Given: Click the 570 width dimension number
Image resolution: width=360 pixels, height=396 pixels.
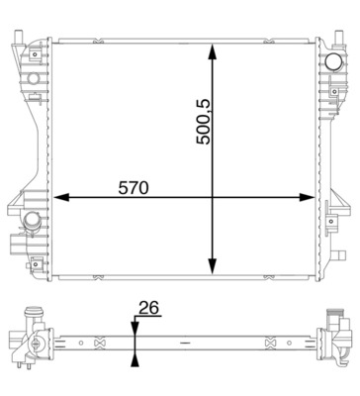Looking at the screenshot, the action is pyautogui.click(x=134, y=188).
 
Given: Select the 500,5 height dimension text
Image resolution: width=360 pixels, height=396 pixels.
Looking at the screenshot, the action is pyautogui.click(x=204, y=122).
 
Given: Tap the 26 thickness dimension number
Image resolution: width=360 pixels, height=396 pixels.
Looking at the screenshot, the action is pyautogui.click(x=149, y=308).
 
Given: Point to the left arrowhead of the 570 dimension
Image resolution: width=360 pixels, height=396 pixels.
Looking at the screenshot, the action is pyautogui.click(x=61, y=198).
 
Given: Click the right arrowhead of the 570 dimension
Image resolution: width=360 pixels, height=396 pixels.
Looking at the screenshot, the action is pyautogui.click(x=307, y=198).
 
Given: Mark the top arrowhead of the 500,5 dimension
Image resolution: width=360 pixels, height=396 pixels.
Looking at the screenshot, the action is pyautogui.click(x=213, y=52).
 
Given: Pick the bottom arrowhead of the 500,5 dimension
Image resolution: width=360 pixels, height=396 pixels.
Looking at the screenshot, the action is pyautogui.click(x=213, y=266).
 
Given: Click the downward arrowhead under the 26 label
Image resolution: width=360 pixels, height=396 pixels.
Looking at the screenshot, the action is pyautogui.click(x=135, y=329).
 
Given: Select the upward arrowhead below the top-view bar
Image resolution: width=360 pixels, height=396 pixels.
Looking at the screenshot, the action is pyautogui.click(x=135, y=359).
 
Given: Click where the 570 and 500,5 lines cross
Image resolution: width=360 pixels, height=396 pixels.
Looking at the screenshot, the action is pyautogui.click(x=213, y=198).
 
